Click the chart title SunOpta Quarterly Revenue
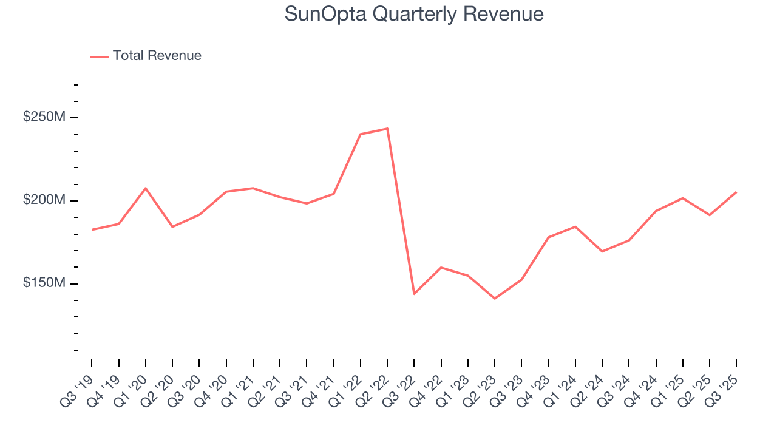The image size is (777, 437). pos(414,14)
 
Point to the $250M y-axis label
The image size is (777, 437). pos(44,117)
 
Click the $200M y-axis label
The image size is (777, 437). pos(44,200)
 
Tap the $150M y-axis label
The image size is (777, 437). pos(44,283)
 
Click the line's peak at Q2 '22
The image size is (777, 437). pos(387,129)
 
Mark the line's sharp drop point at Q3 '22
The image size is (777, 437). pos(414,294)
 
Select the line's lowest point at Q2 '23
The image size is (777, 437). pos(495,299)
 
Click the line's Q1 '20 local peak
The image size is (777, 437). pos(146,188)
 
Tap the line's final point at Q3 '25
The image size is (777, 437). pos(736,192)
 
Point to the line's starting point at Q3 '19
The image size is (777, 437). pos(92,229)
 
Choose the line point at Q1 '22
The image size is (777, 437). pos(361,134)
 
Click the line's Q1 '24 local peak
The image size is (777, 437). pos(575,226)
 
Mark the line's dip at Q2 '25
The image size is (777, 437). pos(710,215)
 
